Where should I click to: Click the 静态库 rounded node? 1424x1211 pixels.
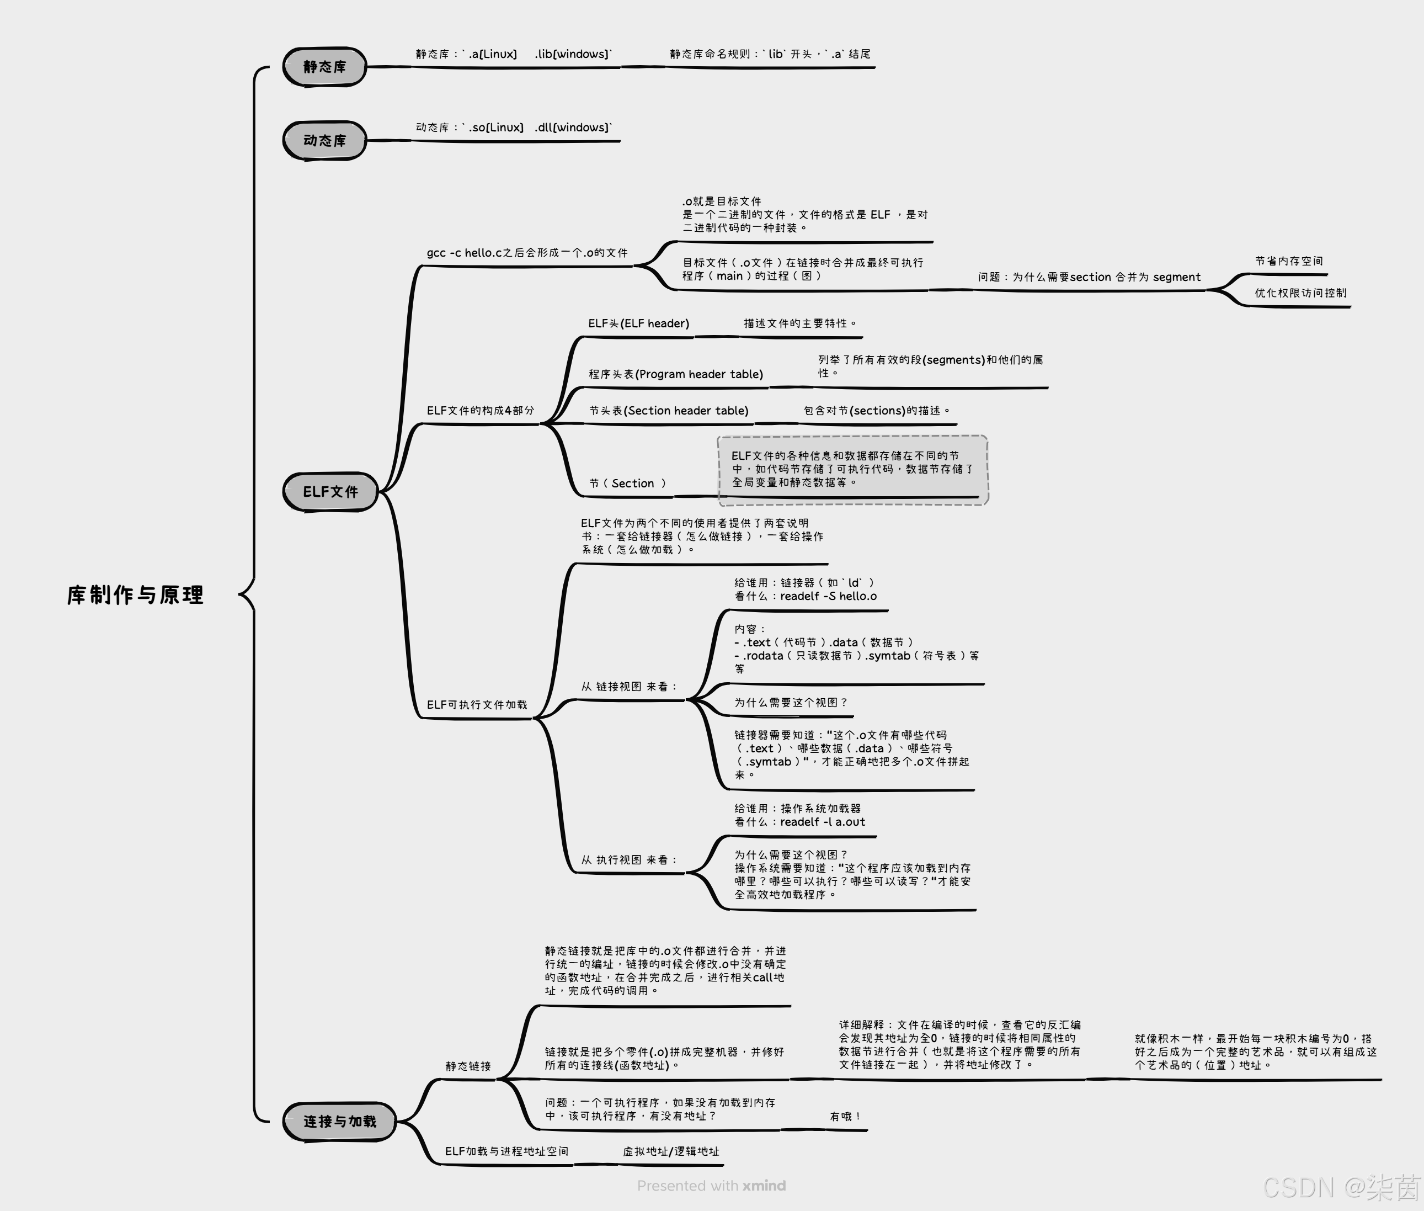324,67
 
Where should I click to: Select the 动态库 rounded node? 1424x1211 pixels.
324,140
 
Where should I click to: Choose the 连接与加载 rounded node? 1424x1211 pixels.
340,1121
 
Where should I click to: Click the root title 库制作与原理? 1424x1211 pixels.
135,594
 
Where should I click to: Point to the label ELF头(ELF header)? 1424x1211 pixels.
638,323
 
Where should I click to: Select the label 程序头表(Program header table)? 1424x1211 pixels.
675,374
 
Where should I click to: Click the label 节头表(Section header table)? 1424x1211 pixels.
669,411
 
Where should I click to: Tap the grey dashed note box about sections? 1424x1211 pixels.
852,470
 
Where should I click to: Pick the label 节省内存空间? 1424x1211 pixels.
1288,261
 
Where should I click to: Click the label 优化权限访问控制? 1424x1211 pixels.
1300,293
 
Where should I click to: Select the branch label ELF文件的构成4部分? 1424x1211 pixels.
479,411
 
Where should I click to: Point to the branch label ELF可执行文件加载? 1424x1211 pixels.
477,704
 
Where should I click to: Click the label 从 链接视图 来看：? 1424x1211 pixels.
628,687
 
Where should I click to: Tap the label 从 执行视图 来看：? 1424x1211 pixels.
628,859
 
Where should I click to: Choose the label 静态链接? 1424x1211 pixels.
468,1066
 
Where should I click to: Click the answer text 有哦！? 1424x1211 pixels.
845,1116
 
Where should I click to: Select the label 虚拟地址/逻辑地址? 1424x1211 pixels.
670,1151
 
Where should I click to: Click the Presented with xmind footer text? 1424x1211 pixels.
711,1186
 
